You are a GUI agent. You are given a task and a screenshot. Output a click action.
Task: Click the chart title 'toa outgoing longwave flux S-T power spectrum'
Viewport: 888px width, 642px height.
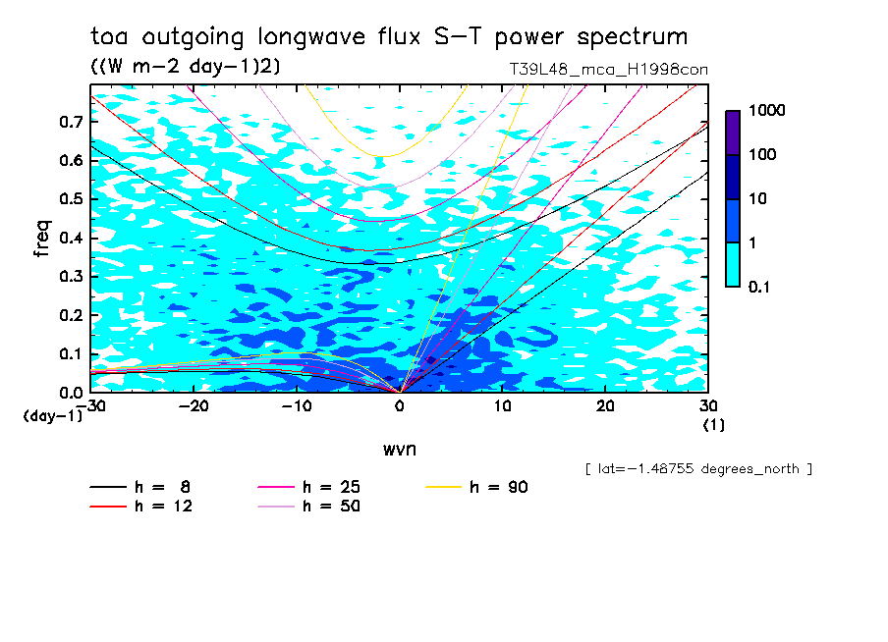[x=388, y=37]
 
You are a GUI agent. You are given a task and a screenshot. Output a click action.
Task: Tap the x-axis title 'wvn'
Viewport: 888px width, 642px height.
[x=399, y=449]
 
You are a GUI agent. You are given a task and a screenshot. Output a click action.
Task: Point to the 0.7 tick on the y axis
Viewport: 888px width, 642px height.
[x=71, y=122]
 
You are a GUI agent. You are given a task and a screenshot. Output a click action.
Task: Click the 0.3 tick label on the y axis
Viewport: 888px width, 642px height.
[x=71, y=277]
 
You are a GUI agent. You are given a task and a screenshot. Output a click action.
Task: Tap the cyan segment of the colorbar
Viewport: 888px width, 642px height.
[x=732, y=264]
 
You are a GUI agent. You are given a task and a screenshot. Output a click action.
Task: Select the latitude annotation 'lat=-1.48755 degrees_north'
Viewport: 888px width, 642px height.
[x=698, y=468]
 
